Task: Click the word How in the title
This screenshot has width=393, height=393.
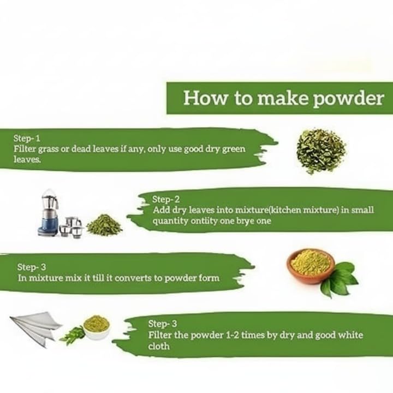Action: pos(203,98)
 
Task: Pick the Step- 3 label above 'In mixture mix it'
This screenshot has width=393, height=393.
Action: pos(31,267)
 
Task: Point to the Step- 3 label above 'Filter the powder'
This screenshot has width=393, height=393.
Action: pos(162,323)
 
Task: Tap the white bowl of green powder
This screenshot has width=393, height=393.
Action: pos(96,326)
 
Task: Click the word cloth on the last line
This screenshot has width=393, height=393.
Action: pos(159,346)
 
